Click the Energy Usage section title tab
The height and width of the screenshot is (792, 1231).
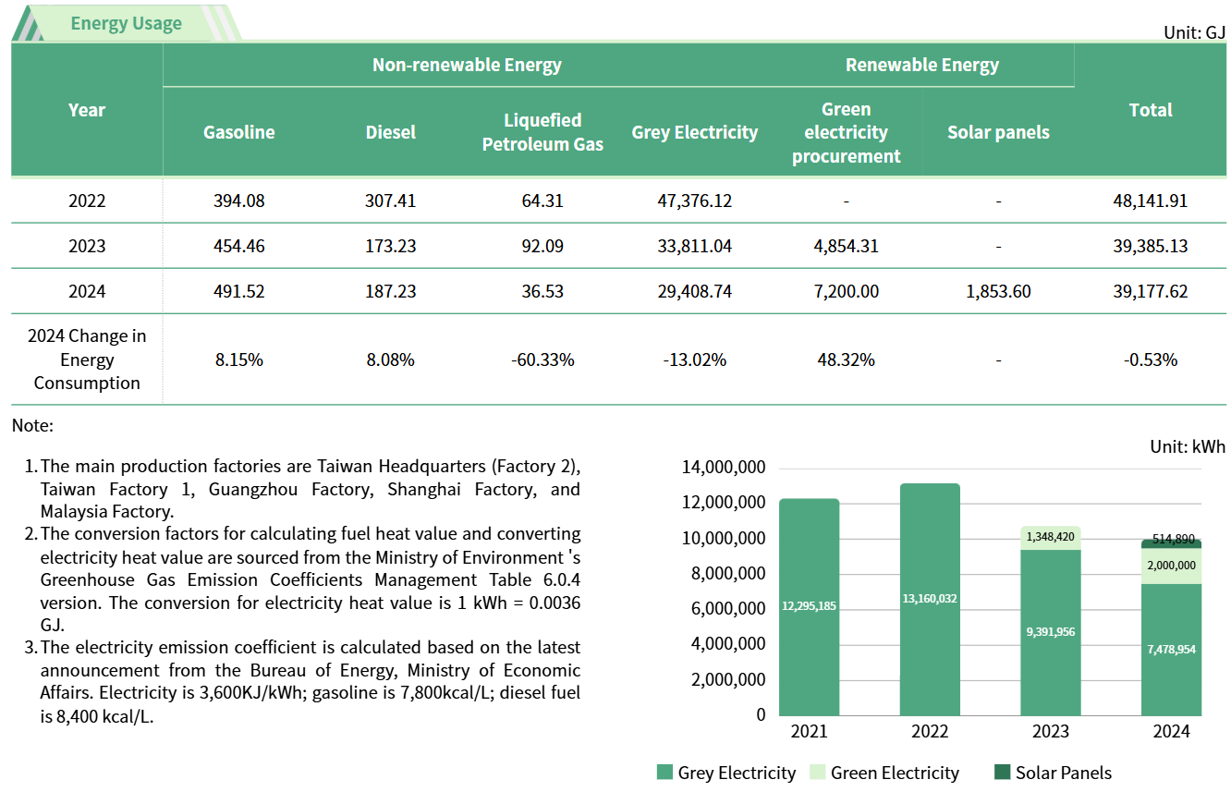coord(126,23)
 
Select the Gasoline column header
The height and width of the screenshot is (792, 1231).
coord(238,132)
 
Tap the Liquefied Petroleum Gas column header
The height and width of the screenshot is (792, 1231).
coord(542,132)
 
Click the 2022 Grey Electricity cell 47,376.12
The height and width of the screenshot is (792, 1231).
coord(694,201)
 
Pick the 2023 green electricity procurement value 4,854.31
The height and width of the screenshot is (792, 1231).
coord(846,246)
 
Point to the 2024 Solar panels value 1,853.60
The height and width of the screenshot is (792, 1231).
coord(998,291)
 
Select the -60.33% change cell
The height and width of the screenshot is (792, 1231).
coord(542,359)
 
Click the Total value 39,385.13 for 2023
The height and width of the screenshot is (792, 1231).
coord(1150,246)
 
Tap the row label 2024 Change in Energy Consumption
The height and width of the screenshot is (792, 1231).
coord(87,359)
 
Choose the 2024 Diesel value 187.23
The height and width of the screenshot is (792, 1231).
coord(390,291)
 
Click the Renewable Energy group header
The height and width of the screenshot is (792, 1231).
coord(921,65)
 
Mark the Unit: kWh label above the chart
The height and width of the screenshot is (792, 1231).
coord(1187,446)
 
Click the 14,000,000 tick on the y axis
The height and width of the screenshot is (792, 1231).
coord(723,468)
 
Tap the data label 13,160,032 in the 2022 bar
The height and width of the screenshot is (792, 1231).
coord(930,598)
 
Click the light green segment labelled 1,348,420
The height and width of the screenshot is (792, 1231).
coord(1051,537)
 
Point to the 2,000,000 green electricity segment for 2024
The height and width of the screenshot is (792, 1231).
coord(1171,566)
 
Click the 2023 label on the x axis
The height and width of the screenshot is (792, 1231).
coord(1051,731)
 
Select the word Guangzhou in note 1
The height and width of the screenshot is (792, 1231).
coord(243,489)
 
